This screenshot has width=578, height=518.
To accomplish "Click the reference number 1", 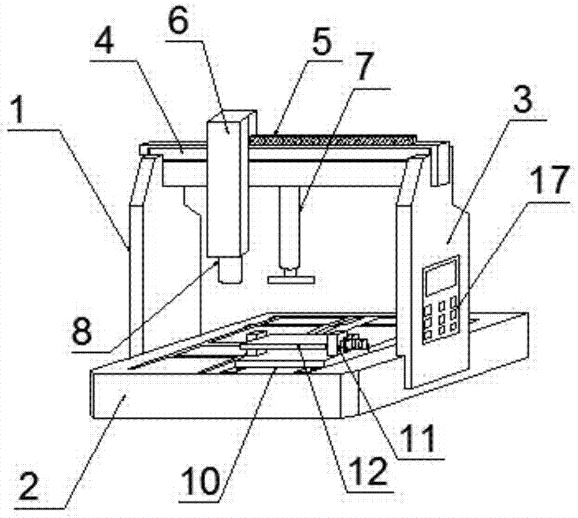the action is click(x=18, y=111).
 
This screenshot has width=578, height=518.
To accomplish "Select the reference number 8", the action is click(x=82, y=331).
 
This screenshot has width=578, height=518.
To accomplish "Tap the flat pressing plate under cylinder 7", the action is click(x=291, y=280).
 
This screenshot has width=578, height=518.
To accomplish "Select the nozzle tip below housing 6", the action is click(x=231, y=270).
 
